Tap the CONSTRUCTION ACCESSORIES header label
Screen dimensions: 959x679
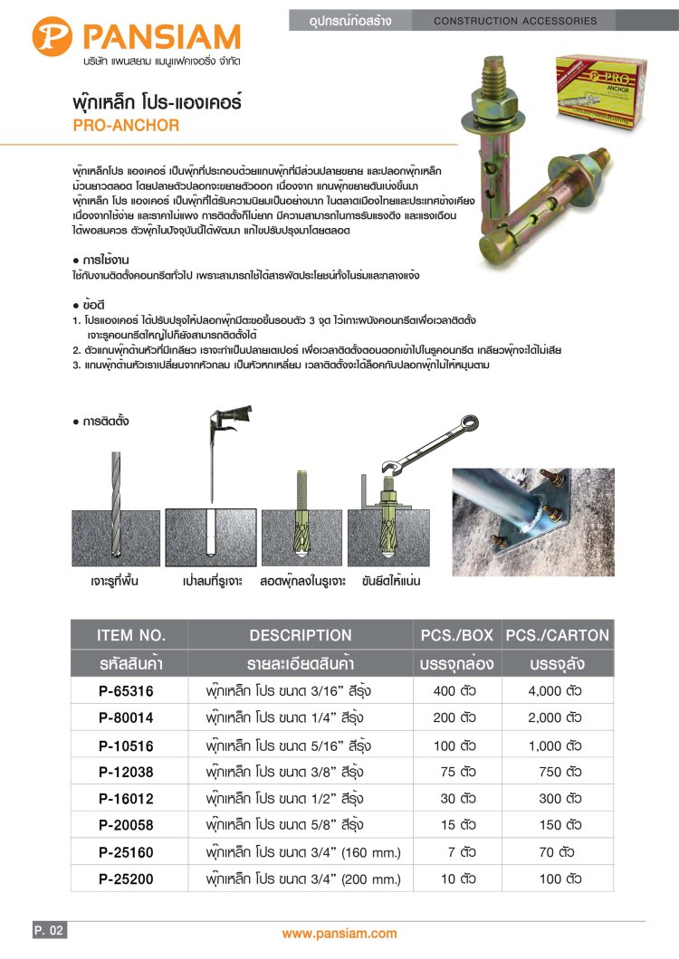coord(516,20)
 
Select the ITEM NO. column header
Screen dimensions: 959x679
coord(131,635)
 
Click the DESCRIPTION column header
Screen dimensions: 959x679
coord(301,635)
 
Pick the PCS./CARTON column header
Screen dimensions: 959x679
coord(558,635)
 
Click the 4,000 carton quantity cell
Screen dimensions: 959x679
coord(555,691)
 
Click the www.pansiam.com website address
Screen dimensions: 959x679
coord(339,934)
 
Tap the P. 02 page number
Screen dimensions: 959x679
coord(49,930)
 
